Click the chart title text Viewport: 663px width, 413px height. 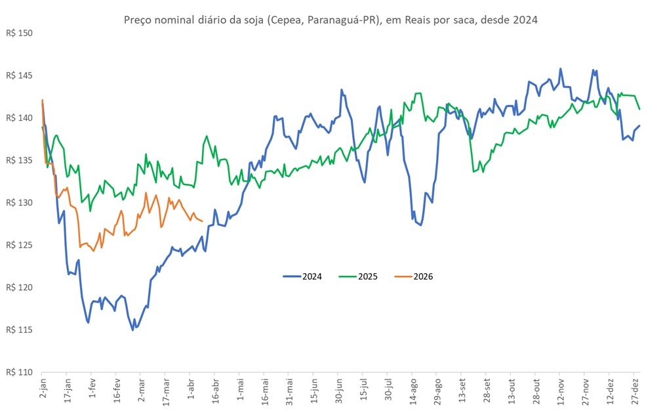click(331, 20)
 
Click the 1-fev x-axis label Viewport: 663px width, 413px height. click(92, 387)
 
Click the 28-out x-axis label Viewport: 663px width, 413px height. click(536, 389)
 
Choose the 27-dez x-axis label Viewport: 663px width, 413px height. click(635, 389)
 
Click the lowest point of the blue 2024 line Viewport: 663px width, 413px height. click(132, 330)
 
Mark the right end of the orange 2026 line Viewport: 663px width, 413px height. click(201, 221)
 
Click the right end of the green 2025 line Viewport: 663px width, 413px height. click(639, 109)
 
